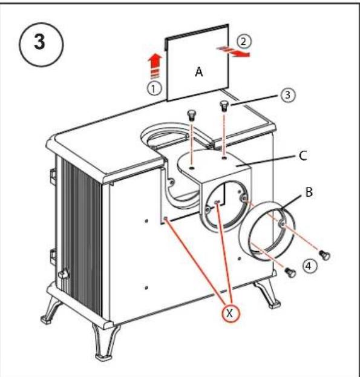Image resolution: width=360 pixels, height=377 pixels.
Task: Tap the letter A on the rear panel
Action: (198, 71)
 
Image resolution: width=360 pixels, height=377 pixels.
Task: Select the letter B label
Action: (309, 192)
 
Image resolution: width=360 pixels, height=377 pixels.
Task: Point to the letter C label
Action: (303, 156)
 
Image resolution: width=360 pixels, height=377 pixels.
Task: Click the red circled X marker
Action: (230, 313)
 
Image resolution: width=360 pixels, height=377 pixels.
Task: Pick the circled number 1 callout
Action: (154, 89)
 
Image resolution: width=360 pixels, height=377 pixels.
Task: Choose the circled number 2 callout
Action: (244, 42)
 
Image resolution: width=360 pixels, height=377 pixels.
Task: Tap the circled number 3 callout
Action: (287, 95)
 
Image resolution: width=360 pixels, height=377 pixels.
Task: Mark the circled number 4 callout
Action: (309, 266)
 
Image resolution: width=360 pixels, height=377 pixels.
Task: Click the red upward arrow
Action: (155, 65)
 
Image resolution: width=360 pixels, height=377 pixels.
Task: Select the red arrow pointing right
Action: (234, 51)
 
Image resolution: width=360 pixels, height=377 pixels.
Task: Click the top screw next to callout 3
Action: (224, 106)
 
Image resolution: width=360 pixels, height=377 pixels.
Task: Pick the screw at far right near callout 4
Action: (325, 255)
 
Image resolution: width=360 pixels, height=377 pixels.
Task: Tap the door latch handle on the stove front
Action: (63, 274)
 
